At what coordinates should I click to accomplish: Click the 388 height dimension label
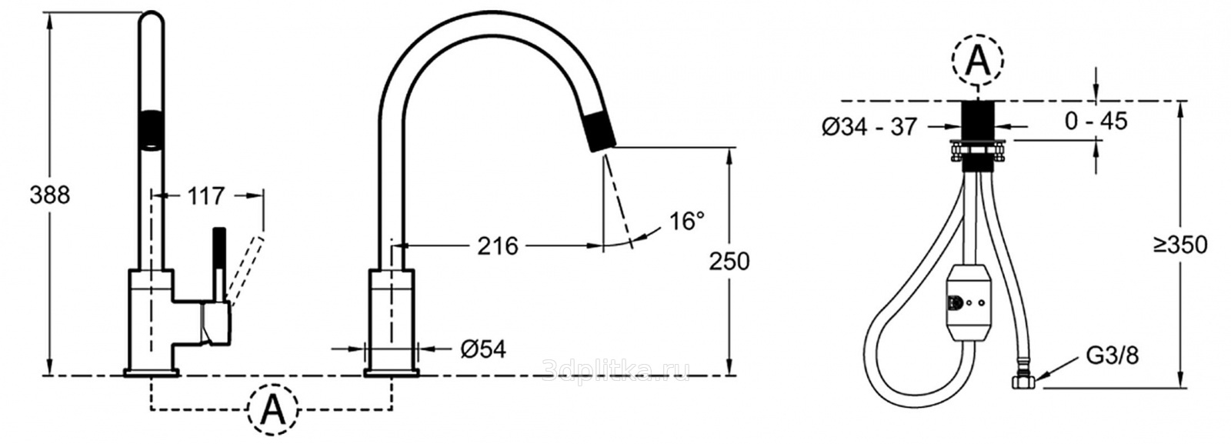click(49, 195)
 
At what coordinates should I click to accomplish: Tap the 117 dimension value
click(206, 195)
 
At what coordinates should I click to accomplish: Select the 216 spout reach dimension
click(497, 246)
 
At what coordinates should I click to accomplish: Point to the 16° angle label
click(686, 221)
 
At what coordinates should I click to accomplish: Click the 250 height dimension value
click(729, 262)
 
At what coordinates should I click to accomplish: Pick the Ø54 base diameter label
click(482, 349)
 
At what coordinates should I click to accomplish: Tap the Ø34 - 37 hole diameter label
click(869, 127)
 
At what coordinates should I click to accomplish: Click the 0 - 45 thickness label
click(1096, 121)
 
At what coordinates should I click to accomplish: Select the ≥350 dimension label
click(1180, 245)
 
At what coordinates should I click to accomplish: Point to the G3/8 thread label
click(1113, 356)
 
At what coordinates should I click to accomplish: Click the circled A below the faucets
click(272, 409)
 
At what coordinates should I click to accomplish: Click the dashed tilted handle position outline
click(245, 270)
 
